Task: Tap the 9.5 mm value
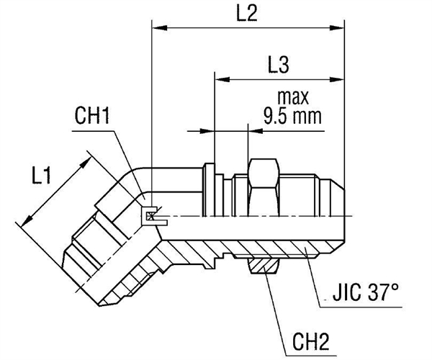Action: coord(291,114)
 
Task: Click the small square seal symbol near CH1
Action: coord(150,215)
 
